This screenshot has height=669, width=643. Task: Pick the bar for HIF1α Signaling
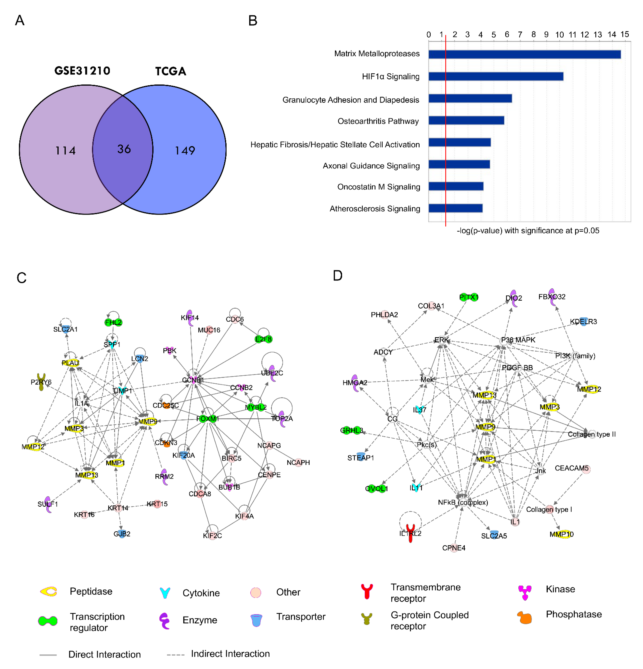point(496,77)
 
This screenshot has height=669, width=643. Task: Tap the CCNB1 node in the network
point(193,380)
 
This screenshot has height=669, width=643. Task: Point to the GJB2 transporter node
point(122,533)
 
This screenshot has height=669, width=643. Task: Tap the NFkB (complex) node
point(463,502)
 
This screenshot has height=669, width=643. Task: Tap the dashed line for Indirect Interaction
point(175,655)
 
